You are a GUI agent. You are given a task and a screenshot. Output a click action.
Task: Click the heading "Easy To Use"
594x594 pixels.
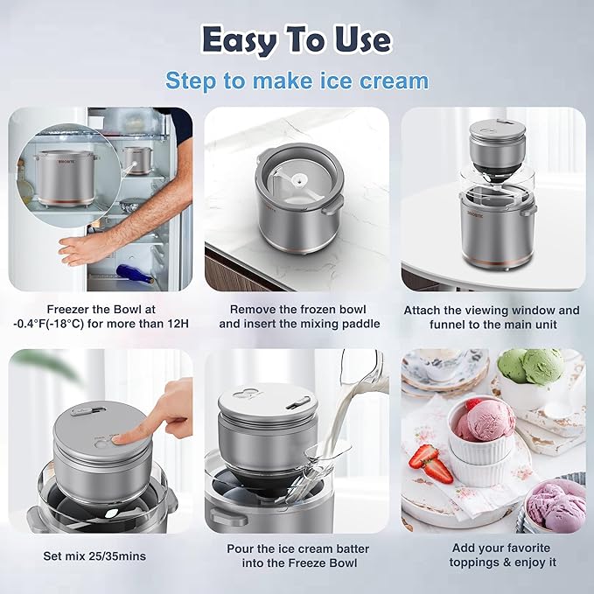coord(297,39)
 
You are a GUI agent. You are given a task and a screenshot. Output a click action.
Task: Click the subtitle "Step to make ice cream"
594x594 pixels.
coord(297,81)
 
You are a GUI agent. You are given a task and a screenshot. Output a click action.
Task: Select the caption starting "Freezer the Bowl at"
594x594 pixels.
coord(100,317)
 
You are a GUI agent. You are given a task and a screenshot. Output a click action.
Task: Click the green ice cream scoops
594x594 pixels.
coord(531,366)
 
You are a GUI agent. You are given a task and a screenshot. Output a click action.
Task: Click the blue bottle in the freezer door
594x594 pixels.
coord(136,272)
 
